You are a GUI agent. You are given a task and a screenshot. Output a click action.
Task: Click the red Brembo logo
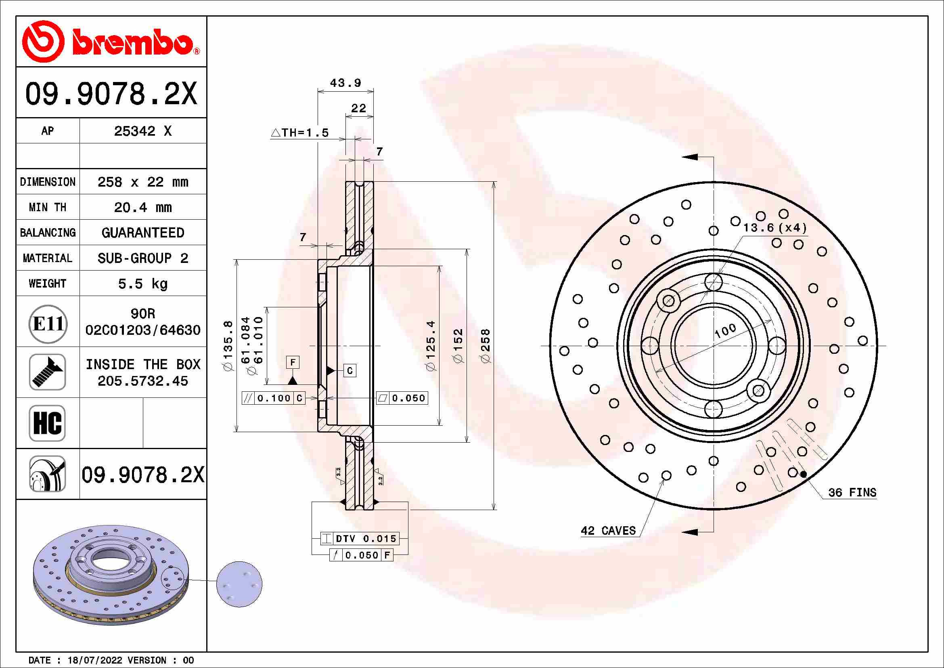pos(110,42)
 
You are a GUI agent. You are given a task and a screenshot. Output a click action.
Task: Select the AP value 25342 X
pos(142,131)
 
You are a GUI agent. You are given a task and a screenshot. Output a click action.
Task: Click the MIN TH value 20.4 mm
pos(142,207)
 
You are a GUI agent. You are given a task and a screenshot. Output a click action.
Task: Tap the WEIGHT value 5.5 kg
pos(142,284)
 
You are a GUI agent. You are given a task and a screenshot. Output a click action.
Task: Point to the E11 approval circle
pos(48,324)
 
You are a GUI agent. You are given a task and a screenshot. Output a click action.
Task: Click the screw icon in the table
pos(47,372)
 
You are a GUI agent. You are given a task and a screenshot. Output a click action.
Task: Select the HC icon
pos(47,423)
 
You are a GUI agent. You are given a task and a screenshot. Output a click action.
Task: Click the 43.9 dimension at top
pos(345,83)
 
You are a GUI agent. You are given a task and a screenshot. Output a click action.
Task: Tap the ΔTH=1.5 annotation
pos(300,133)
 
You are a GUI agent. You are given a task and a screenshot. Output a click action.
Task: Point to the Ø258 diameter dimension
pos(486,346)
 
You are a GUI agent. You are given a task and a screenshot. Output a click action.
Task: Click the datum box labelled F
pos(293,362)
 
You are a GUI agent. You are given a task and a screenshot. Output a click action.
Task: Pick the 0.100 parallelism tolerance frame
pos(273,398)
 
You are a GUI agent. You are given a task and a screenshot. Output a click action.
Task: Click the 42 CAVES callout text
pos(608,531)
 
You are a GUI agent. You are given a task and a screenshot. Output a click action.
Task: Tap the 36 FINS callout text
pos(852,493)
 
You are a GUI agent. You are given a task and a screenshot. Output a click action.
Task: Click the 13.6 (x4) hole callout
pos(774,228)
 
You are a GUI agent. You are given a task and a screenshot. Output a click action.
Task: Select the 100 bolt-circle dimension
pos(725,330)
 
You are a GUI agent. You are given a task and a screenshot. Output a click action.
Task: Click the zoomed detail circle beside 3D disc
pos(239,584)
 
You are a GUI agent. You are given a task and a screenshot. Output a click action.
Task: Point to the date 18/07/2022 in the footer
pos(94,660)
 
